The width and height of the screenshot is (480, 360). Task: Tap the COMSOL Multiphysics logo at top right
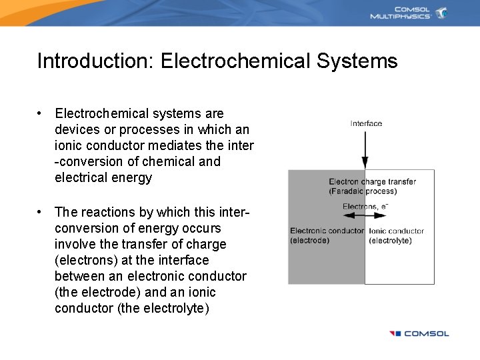tap(408, 13)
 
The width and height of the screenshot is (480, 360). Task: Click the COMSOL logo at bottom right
tap(419, 333)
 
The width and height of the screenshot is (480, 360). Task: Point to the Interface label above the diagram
tap(366, 123)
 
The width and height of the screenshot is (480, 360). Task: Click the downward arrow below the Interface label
tap(365, 149)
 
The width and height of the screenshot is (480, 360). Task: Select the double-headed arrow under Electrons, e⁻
tap(365, 216)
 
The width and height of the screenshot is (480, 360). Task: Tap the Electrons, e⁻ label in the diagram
tap(365, 207)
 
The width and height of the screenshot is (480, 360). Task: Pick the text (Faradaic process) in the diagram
tap(363, 191)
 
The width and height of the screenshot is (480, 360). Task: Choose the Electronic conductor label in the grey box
tap(327, 231)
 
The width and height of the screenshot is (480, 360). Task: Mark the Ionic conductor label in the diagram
tap(396, 231)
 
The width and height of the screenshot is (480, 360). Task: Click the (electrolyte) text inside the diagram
tap(390, 241)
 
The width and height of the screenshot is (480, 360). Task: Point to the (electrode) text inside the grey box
tap(309, 241)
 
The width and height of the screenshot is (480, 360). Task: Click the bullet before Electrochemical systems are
tap(41, 113)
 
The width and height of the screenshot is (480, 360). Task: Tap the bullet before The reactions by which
tap(41, 212)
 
